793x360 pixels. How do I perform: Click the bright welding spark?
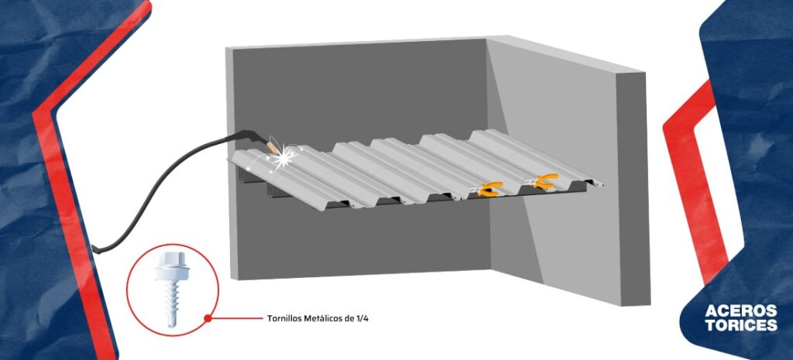point(283,156)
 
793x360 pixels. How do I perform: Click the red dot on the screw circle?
point(208,318)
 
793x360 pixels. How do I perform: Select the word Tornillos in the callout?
point(282,319)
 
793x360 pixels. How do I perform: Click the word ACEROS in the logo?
point(740,310)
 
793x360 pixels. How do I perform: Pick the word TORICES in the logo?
point(741,325)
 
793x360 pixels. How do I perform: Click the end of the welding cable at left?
point(94,249)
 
